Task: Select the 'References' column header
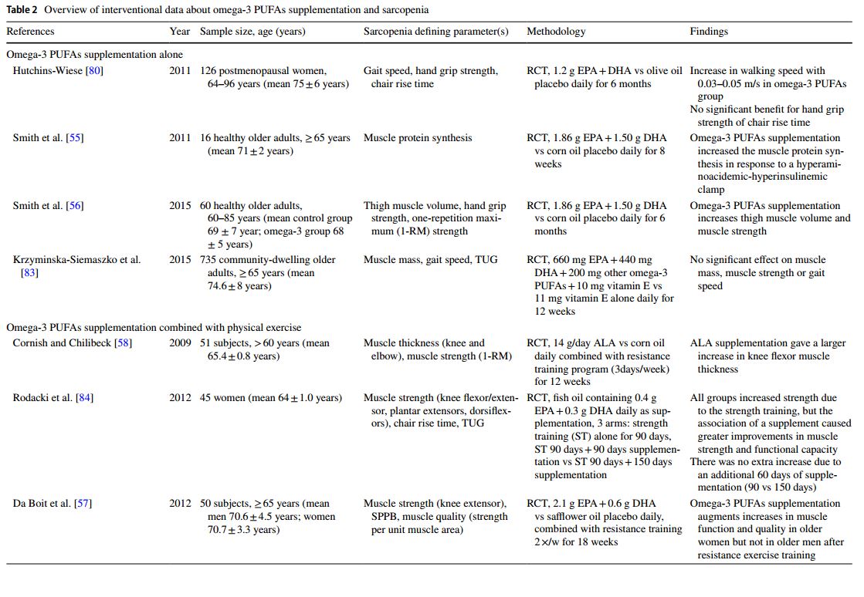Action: [x=30, y=32]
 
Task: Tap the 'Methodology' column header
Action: [x=556, y=32]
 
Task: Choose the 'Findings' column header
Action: [x=709, y=32]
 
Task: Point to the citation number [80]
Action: [x=94, y=71]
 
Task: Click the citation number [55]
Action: [x=75, y=138]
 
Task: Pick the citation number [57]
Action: [x=83, y=504]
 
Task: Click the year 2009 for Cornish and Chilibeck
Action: [x=180, y=343]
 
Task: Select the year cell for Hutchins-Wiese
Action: [x=180, y=71]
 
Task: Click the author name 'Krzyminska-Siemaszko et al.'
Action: [x=76, y=260]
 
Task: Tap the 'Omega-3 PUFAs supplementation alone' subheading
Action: [x=95, y=55]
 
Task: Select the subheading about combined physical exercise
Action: [x=154, y=328]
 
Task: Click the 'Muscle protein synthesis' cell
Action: [x=417, y=138]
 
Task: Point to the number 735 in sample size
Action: [x=208, y=260]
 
